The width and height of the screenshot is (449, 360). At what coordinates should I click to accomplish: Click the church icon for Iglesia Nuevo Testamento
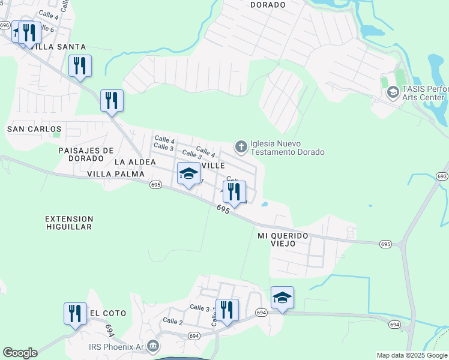coord(241,147)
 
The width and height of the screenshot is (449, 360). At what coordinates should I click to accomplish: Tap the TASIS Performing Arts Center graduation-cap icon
coord(393,92)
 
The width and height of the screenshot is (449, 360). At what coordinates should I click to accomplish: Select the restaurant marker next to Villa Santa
coord(29,33)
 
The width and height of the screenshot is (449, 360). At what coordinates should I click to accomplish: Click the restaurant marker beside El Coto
coord(75,314)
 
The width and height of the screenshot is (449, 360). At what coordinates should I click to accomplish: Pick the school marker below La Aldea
coord(188,174)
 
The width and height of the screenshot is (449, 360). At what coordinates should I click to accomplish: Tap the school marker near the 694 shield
coord(282,298)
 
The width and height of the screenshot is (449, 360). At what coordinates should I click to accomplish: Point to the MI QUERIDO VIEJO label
coord(283,236)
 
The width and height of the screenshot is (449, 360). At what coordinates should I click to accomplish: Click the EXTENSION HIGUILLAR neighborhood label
coord(68,223)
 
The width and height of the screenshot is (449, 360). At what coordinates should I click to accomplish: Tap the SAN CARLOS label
coord(34,129)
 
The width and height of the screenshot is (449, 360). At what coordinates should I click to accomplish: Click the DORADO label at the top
coord(268,4)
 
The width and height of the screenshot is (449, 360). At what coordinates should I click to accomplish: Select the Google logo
coord(20,353)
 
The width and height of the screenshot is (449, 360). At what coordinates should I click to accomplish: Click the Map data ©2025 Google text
coord(412,355)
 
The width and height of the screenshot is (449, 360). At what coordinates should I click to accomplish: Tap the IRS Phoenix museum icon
coord(153,346)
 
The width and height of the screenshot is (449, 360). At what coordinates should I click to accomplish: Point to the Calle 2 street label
coord(172,322)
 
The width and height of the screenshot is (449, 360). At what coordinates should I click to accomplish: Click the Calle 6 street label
coord(47,29)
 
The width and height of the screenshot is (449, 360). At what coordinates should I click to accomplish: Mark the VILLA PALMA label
coord(116,174)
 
